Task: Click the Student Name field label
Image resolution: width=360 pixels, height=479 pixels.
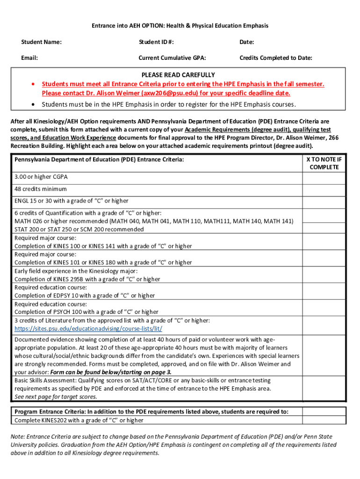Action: (x=41, y=43)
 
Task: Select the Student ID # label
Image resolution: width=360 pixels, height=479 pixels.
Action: (x=156, y=43)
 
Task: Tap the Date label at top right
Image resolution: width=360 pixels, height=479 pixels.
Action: (x=247, y=43)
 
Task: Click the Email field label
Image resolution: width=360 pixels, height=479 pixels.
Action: (x=29, y=58)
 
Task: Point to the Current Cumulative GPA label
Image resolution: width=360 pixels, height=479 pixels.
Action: (x=172, y=58)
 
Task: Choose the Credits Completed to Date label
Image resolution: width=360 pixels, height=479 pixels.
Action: (x=276, y=58)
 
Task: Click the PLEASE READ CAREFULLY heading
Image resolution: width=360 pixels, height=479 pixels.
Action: (x=178, y=75)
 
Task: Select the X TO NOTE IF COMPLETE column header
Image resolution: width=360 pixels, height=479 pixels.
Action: (x=324, y=163)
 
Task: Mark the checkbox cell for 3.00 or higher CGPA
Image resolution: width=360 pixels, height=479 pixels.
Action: (x=324, y=178)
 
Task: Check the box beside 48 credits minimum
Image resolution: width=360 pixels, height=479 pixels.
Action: (x=324, y=189)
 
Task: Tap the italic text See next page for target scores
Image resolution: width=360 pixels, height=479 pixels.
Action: (x=56, y=397)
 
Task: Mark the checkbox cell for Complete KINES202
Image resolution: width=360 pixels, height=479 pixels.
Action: (x=324, y=420)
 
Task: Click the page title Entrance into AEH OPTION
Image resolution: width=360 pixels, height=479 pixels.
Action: (x=180, y=26)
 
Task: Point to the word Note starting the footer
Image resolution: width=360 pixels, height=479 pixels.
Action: (x=18, y=436)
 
